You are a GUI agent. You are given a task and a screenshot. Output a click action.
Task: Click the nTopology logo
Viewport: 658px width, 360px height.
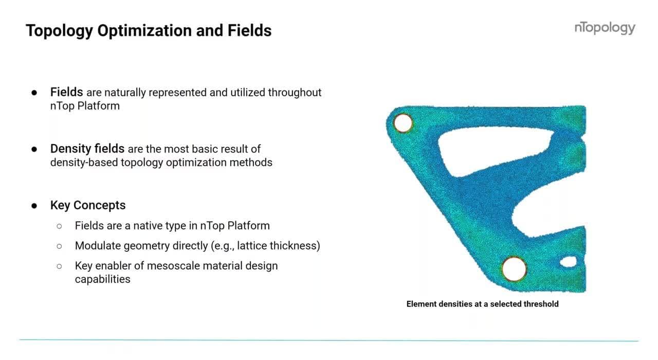[605, 28]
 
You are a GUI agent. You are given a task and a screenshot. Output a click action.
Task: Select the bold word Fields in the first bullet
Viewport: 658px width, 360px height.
[66, 93]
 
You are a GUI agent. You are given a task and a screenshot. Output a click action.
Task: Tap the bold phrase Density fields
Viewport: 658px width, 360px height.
[87, 149]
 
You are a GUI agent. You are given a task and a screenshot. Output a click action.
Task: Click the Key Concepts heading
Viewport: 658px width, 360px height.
[88, 205]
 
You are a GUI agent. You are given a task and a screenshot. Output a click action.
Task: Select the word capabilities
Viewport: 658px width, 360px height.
[102, 279]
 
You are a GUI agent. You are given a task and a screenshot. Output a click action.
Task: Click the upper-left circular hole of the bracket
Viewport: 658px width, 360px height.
[403, 123]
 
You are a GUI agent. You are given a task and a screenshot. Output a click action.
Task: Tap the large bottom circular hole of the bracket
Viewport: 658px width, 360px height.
[514, 268]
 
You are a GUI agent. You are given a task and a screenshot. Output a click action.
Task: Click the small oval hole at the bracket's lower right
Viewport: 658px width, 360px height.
[568, 262]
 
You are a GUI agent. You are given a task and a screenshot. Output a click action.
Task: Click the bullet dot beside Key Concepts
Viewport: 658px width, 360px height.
[34, 206]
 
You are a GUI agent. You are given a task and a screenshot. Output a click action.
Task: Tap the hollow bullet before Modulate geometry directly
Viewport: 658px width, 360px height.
[59, 246]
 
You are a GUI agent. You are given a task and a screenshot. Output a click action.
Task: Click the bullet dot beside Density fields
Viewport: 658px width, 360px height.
[34, 150]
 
